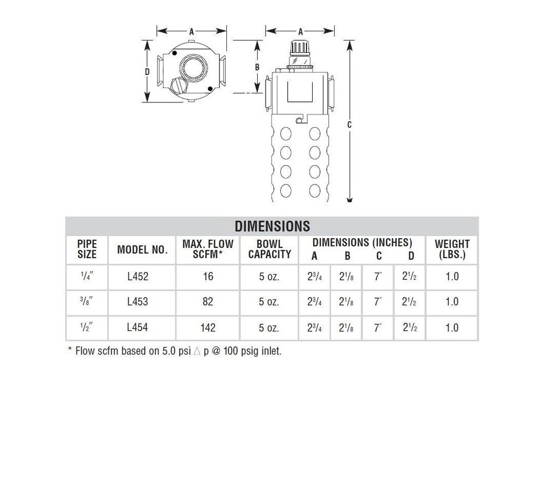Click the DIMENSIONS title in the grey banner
272,226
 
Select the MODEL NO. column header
142,250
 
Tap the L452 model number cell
137,277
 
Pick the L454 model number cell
137,327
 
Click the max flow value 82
208,301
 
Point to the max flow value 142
208,327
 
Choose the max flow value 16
208,277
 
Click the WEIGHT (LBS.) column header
452,249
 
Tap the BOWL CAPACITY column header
269,249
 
